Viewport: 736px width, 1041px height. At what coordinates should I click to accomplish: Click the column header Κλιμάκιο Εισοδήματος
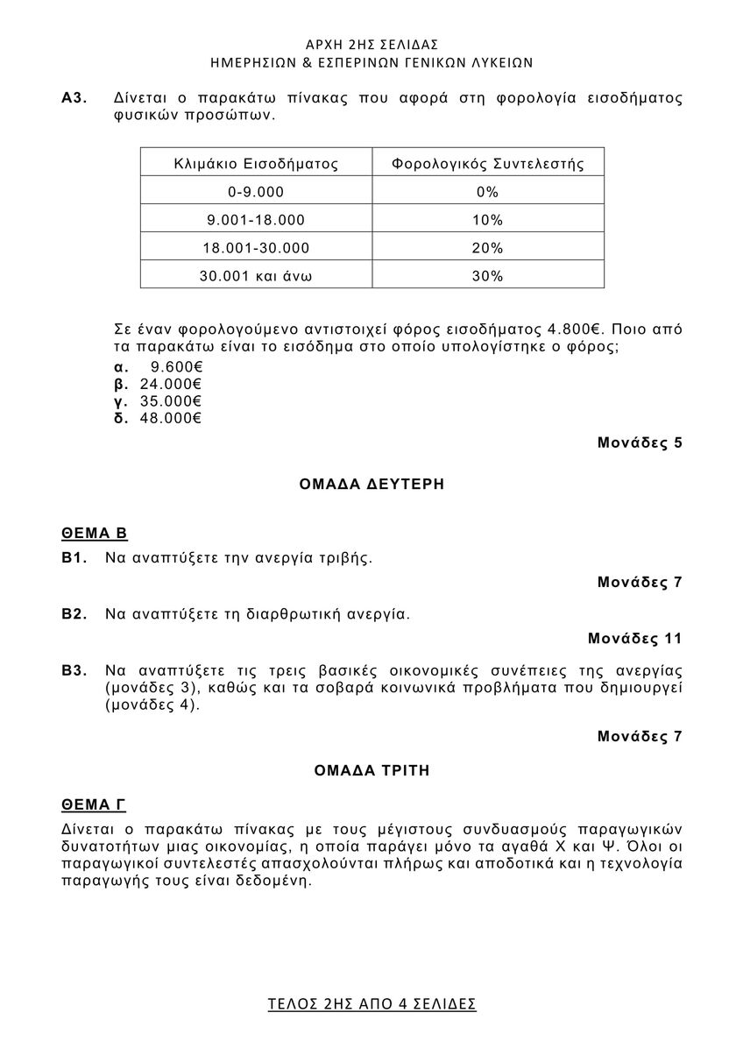(x=256, y=163)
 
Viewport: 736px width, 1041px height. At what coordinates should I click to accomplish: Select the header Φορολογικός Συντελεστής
(x=487, y=163)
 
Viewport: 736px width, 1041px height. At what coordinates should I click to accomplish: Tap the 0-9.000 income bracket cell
(x=256, y=192)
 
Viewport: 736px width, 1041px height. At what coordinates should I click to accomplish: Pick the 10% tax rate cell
(x=487, y=220)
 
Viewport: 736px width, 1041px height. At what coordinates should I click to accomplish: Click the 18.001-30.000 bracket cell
(x=256, y=248)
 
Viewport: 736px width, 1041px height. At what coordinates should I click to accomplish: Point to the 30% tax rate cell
(x=487, y=276)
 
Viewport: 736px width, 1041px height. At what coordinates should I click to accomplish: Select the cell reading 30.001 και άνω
(x=256, y=276)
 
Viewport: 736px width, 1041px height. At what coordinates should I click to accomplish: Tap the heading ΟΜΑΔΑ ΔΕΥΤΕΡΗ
(x=372, y=484)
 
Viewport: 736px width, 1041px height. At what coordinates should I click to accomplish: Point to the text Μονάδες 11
(x=634, y=639)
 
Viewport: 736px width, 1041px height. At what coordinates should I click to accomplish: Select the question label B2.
(x=74, y=614)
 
